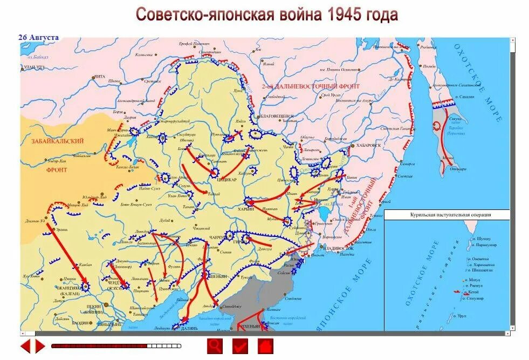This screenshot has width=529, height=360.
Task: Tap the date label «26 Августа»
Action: [x=38, y=37]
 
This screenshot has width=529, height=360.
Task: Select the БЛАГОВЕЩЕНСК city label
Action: [x=276, y=116]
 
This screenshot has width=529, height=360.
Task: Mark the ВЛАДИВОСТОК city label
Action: [x=338, y=248]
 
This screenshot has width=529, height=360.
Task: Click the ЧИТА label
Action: [x=99, y=77]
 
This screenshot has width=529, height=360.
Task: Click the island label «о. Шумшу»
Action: [x=481, y=238]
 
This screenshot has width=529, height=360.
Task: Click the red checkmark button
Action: [x=240, y=345]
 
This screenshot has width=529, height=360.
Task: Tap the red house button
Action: [x=265, y=345]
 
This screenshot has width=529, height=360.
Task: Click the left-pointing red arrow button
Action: [x=25, y=345]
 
